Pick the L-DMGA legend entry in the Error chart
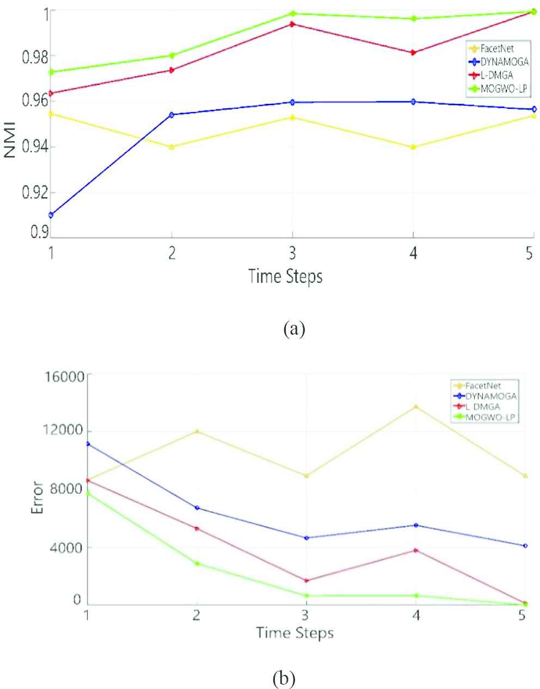[x=480, y=407]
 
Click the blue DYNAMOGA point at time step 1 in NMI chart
[x=51, y=215]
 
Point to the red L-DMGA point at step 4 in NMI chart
[x=413, y=53]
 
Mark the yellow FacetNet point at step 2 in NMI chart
[x=171, y=147]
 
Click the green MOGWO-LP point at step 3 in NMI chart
[x=293, y=14]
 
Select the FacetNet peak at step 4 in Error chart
[x=415, y=407]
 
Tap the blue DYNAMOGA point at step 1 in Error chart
[x=87, y=444]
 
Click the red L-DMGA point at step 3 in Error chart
[x=306, y=581]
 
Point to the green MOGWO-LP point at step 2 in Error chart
[x=197, y=563]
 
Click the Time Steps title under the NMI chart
[x=285, y=276]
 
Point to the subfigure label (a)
[x=294, y=329]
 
